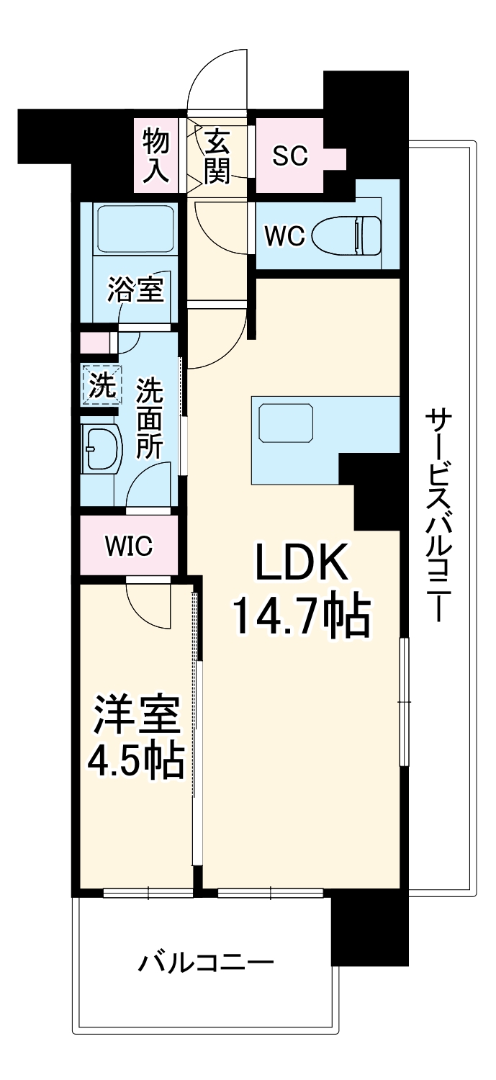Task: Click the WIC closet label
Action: pyautogui.click(x=129, y=546)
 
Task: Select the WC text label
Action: pyautogui.click(x=285, y=235)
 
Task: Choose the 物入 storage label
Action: pyautogui.click(x=155, y=156)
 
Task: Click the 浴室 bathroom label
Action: pyautogui.click(x=135, y=290)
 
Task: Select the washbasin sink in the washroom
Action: pyautogui.click(x=100, y=446)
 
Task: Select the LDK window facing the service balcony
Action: pyautogui.click(x=405, y=701)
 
